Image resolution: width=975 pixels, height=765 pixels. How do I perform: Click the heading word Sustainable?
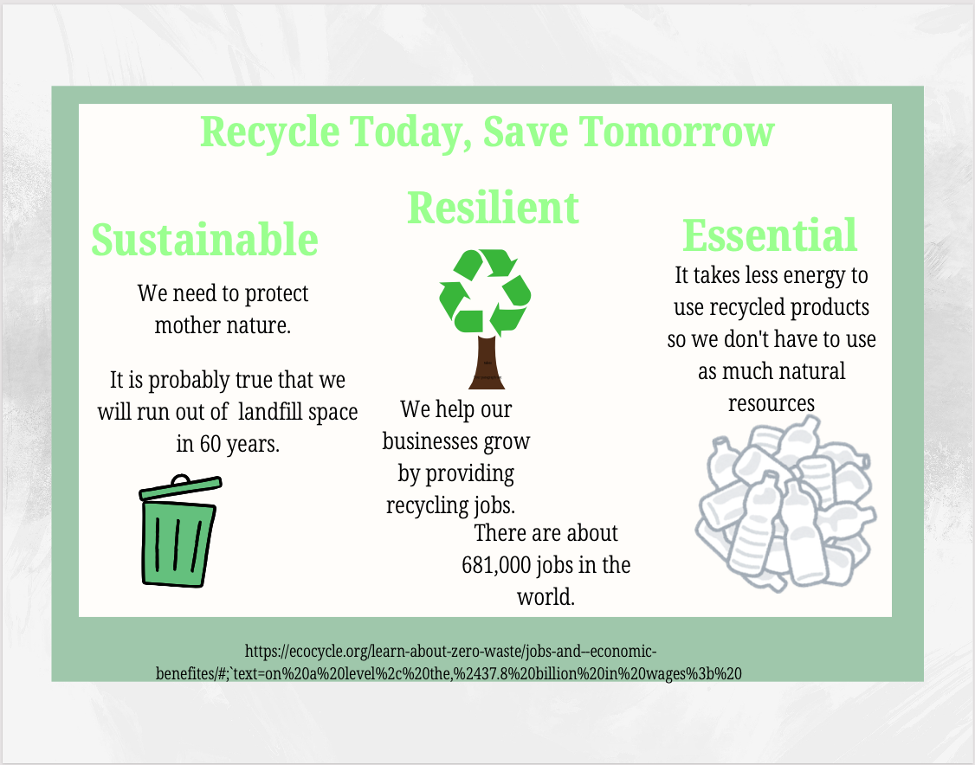(x=204, y=239)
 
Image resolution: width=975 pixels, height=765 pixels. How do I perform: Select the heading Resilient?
(x=493, y=208)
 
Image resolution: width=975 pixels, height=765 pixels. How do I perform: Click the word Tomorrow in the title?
(x=676, y=132)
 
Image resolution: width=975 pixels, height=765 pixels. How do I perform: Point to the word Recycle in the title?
(x=270, y=133)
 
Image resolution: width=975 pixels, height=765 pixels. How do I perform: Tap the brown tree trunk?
(x=487, y=363)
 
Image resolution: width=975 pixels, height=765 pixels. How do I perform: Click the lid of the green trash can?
(x=180, y=487)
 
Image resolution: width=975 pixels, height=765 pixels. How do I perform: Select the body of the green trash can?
(x=178, y=543)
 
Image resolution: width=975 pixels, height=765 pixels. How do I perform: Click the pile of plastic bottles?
(x=785, y=504)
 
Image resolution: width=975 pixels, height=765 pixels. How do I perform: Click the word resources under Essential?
(x=771, y=404)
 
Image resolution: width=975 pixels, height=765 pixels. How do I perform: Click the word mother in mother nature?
(x=184, y=325)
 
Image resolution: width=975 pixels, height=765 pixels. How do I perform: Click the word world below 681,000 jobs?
(x=546, y=597)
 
